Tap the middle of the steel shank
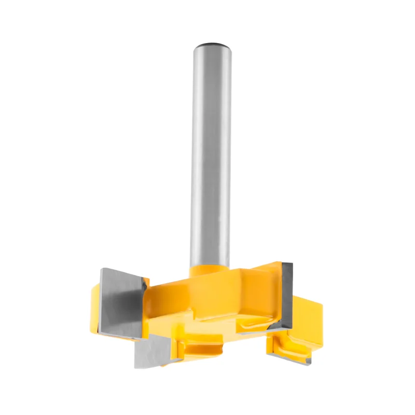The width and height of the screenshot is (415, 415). (x=211, y=156)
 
